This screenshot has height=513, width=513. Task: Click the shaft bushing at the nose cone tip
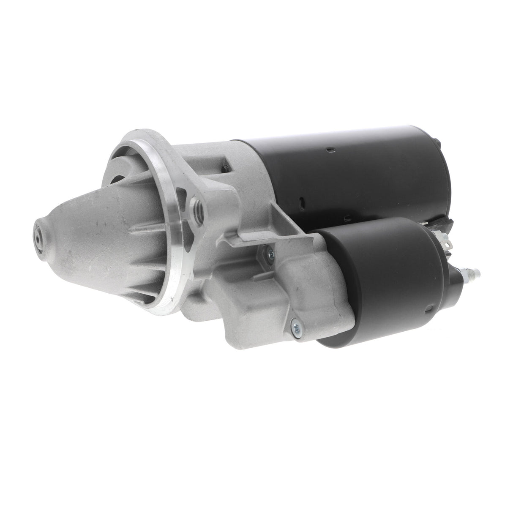click(x=38, y=238)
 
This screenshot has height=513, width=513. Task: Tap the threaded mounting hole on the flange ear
click(x=197, y=208)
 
